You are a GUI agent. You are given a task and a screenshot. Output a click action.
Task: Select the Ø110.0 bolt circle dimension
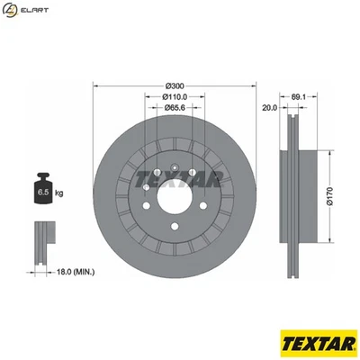pos(174,96)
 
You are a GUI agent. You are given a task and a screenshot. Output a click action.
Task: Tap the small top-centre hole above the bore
pos(174,163)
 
